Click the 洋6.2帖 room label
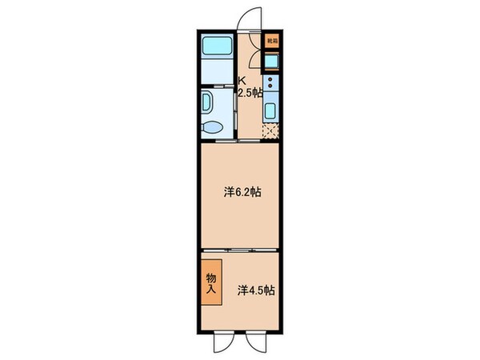click(x=240, y=192)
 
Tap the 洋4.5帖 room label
click(x=256, y=291)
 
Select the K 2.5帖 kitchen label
click(x=248, y=87)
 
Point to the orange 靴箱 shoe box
click(x=272, y=40)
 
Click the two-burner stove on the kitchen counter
click(x=271, y=82)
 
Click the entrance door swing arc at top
click(x=251, y=19)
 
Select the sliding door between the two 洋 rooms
click(x=240, y=250)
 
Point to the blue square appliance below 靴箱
click(x=272, y=61)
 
